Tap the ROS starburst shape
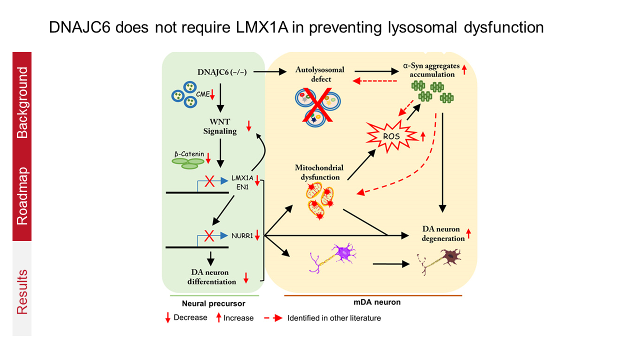[x=398, y=134]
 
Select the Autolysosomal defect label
[x=313, y=74]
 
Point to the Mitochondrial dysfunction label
[x=317, y=172]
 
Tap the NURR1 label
[x=242, y=234]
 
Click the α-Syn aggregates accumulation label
[x=429, y=70]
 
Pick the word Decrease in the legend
[x=190, y=317]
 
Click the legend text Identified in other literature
[x=334, y=317]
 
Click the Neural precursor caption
[x=213, y=303]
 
